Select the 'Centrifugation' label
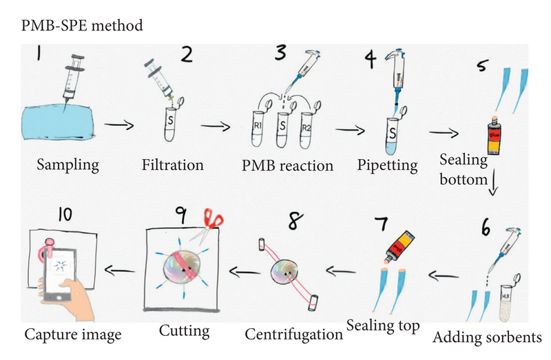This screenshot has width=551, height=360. pyautogui.click(x=294, y=335)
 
